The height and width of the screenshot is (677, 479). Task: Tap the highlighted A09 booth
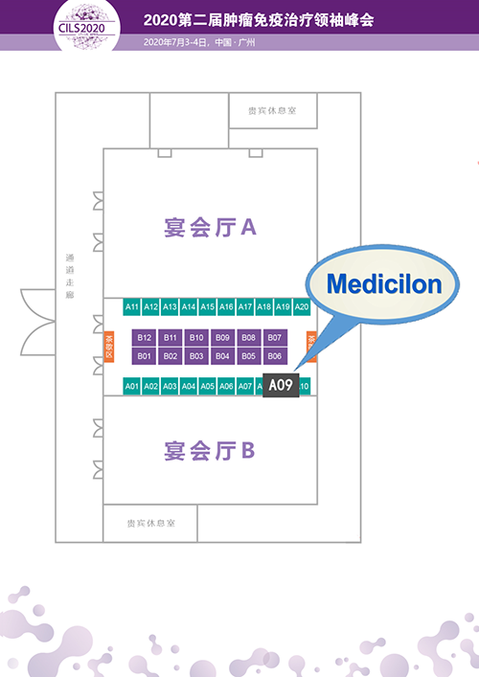(280, 386)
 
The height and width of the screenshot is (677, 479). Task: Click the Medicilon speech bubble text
(383, 284)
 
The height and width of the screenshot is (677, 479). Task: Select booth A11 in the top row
(132, 307)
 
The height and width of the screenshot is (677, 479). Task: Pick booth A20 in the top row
(302, 307)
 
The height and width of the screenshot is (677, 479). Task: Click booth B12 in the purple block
(145, 337)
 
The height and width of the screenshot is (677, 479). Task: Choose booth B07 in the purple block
(275, 337)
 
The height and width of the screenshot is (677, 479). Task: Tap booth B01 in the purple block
(145, 356)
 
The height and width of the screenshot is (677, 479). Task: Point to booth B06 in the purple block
(275, 356)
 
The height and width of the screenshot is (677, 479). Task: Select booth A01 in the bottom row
(132, 387)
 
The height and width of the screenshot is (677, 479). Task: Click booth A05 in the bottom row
(207, 387)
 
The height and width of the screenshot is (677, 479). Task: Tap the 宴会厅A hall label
(208, 228)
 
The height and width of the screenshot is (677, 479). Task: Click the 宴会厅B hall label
(208, 449)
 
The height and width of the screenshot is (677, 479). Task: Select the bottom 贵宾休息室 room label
(149, 524)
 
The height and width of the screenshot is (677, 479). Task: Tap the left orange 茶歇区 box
(108, 347)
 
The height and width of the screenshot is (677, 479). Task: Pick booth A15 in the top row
(207, 307)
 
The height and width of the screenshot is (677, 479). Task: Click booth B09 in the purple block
(222, 337)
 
